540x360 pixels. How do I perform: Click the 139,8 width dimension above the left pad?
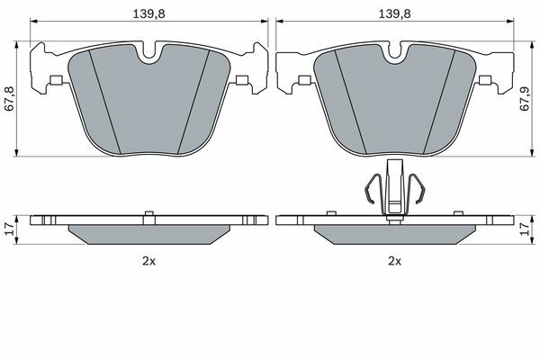(149, 13)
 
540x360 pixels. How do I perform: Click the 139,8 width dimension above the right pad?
(395, 13)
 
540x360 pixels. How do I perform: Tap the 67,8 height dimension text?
(10, 98)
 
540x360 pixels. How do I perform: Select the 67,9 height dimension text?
(524, 98)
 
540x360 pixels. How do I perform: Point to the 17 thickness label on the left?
(10, 229)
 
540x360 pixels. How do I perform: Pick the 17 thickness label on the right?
(525, 229)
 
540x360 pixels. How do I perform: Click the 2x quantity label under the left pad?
(148, 261)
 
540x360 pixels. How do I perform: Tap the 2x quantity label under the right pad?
(395, 261)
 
